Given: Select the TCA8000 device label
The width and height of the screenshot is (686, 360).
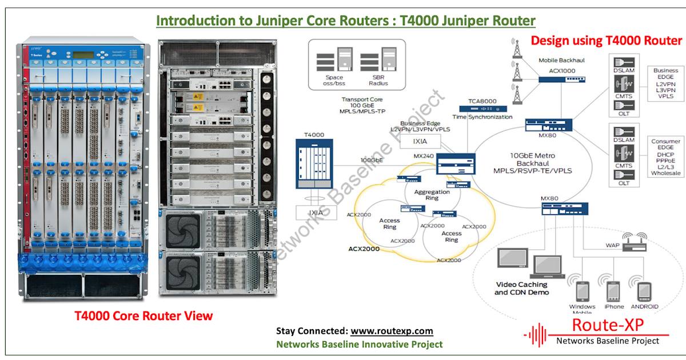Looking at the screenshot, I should (x=480, y=101).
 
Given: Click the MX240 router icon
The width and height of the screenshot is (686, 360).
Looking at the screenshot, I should (x=456, y=164).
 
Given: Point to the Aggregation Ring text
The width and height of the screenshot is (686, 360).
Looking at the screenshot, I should (x=432, y=195).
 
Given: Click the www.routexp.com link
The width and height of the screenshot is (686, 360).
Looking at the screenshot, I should (x=392, y=331).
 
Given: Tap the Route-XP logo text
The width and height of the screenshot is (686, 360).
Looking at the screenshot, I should (x=608, y=325).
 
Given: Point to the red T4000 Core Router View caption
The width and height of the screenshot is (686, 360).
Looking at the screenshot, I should (x=144, y=315).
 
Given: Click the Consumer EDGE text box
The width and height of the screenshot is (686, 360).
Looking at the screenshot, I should (x=666, y=157).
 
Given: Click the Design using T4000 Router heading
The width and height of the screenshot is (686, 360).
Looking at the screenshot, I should (x=607, y=41).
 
